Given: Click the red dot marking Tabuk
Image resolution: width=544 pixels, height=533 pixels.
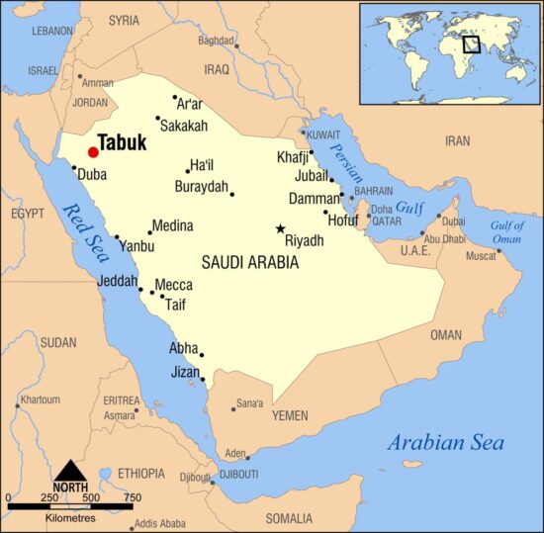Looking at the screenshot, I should (93, 152).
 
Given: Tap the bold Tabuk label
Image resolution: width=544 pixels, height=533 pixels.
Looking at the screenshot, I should (123, 143).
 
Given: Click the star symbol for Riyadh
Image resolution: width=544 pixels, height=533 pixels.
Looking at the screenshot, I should (280, 228).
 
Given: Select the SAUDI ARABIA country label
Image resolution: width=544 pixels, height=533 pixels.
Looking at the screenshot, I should (249, 263).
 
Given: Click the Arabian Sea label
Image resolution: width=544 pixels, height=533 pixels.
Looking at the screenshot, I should (445, 442).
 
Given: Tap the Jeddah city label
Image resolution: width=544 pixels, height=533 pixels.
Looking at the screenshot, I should (118, 282).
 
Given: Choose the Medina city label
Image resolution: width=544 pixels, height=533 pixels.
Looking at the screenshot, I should (172, 226).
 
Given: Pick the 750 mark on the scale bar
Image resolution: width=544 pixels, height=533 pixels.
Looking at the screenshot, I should (132, 497).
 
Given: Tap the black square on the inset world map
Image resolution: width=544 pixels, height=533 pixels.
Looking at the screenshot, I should (472, 44).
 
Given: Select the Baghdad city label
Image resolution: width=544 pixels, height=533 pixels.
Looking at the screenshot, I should (215, 41).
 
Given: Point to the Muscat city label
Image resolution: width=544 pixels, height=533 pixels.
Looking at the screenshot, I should (481, 256).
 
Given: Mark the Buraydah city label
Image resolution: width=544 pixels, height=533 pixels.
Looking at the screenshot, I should (201, 187).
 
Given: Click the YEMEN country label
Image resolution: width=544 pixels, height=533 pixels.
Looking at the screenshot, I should (290, 416).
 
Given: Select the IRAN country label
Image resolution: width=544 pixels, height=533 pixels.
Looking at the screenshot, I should (457, 141).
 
